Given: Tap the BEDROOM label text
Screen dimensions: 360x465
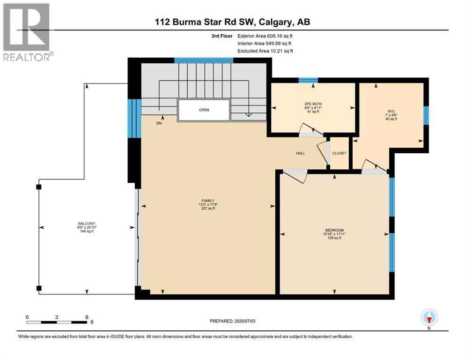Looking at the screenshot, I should pos(335,230).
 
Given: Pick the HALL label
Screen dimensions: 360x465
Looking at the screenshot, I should pos(300,153).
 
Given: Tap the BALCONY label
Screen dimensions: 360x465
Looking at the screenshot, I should pos(86,223).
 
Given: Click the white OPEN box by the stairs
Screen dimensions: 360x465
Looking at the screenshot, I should pos(204,110).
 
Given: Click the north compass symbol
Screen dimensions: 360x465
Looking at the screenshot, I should pos(429,318).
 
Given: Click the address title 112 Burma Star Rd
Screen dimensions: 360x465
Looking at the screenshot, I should pos(232,22).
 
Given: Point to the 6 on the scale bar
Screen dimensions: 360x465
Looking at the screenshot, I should pos(87,317).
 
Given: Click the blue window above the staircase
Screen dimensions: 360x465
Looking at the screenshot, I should pos(204,60).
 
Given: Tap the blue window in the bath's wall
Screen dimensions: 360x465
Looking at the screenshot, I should pos(308,80).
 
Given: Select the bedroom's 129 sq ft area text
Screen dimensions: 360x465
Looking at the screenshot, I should pos(335,238).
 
